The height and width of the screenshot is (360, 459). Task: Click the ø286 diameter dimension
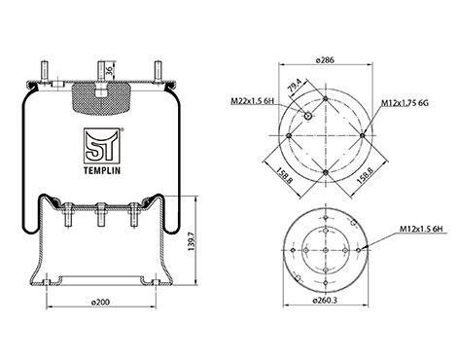[x=325, y=60]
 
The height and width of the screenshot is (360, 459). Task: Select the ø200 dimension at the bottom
[x=100, y=302]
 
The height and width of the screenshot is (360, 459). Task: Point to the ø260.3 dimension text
[x=325, y=301]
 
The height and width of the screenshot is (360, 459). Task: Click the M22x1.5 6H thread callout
[x=252, y=101]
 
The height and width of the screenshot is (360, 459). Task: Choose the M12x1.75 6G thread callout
[x=405, y=103]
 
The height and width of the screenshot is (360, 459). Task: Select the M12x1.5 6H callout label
[x=421, y=229]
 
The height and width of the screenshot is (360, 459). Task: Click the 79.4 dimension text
[x=295, y=87]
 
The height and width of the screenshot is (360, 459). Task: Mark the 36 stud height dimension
[x=110, y=70]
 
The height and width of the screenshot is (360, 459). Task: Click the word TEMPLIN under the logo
[x=102, y=170]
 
